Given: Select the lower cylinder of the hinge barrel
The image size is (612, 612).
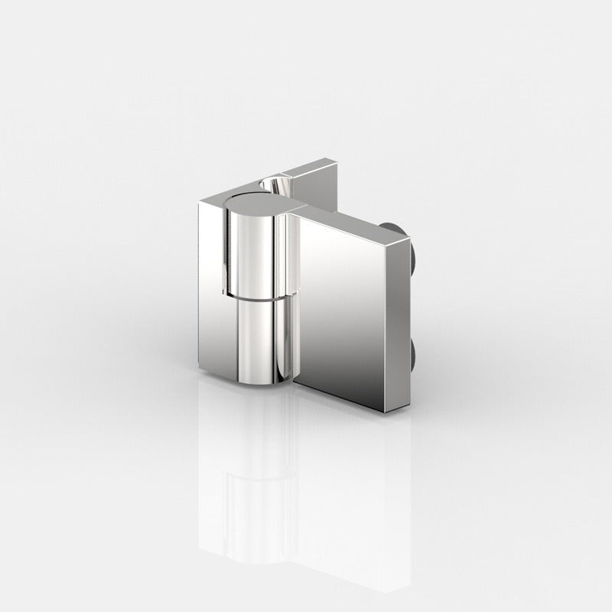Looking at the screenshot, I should coord(260,337).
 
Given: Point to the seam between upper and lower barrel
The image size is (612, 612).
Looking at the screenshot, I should coord(256,297).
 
